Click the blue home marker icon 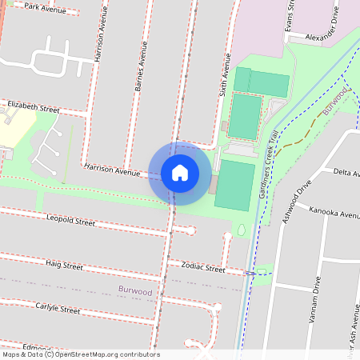point(180,173)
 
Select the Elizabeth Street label point(33,106)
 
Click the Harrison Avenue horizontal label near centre point(111,170)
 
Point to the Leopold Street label point(70,218)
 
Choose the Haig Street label point(64,263)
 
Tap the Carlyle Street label point(58,309)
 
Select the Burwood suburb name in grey point(134,292)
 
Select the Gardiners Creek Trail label point(270,175)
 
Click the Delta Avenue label point(346,172)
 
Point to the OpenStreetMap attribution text point(80,354)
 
